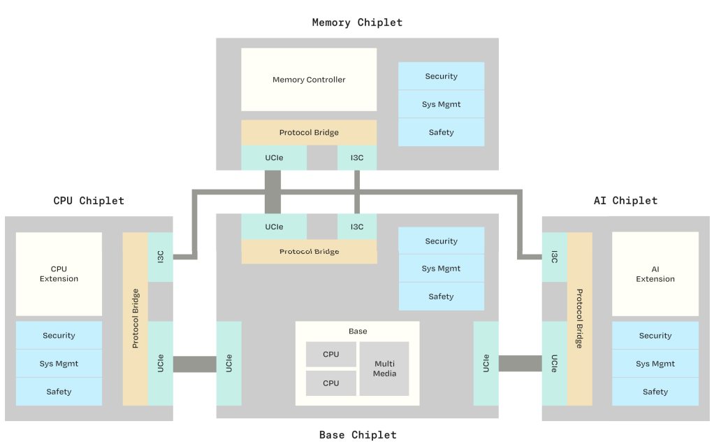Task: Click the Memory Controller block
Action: click(x=309, y=80)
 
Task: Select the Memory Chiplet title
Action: click(x=357, y=22)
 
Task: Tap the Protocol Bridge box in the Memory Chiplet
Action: click(x=309, y=133)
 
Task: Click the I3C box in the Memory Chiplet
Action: click(x=357, y=158)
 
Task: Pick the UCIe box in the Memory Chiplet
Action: click(x=274, y=158)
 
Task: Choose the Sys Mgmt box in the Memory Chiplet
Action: click(x=441, y=104)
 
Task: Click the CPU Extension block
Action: click(x=59, y=274)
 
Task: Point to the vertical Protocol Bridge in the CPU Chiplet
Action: click(x=136, y=319)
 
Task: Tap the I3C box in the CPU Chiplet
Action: click(x=161, y=257)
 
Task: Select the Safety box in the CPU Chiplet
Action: click(x=59, y=392)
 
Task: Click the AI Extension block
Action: click(x=655, y=274)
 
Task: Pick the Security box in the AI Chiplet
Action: click(x=655, y=336)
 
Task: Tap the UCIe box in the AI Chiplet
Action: click(x=555, y=363)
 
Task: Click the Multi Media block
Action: click(x=384, y=369)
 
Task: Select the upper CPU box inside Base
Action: click(x=331, y=355)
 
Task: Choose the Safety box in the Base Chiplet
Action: click(x=441, y=297)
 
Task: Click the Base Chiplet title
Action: click(x=358, y=435)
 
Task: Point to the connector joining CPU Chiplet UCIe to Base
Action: click(x=194, y=364)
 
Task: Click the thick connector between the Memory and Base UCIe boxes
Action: click(x=272, y=192)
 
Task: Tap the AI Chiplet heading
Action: click(x=625, y=201)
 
